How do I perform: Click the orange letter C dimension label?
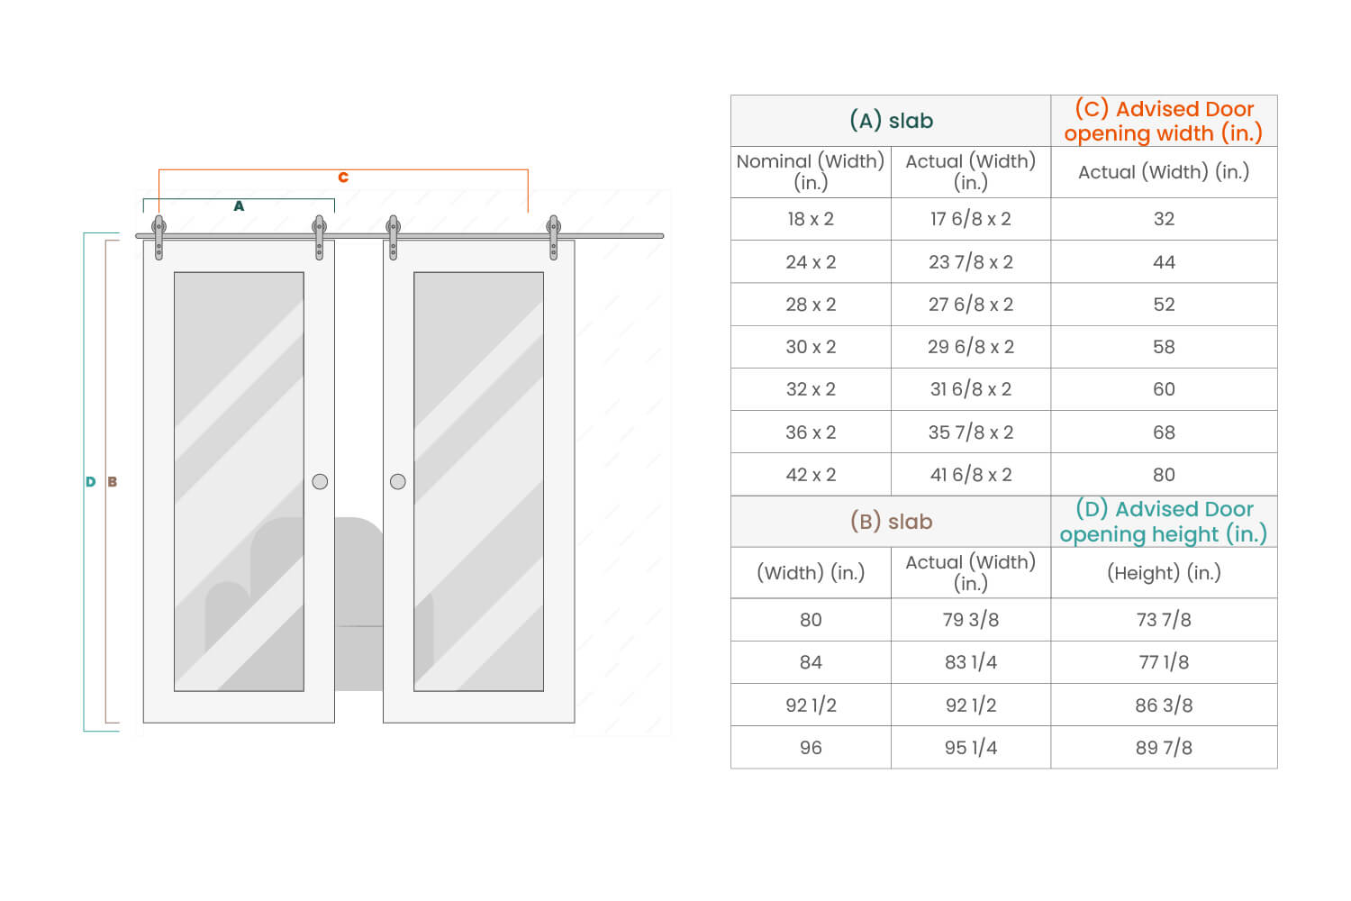[x=343, y=177]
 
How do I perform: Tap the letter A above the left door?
[x=239, y=206]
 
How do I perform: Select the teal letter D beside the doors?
[x=90, y=482]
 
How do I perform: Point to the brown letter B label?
[x=113, y=482]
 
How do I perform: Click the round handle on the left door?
[x=320, y=482]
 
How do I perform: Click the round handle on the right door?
[x=398, y=482]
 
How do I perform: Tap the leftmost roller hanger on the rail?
[x=159, y=236]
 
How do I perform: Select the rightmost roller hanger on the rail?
[x=554, y=236]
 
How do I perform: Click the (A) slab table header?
[x=891, y=121]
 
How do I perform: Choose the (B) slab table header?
[x=891, y=522]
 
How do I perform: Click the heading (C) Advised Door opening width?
[x=1164, y=121]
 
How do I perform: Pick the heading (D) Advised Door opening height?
[x=1164, y=522]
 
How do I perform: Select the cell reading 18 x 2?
[x=811, y=219]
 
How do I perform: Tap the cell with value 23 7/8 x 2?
[x=971, y=262]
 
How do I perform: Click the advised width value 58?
[x=1164, y=347]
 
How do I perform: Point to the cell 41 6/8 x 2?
[x=971, y=475]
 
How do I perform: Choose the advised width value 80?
[x=1164, y=475]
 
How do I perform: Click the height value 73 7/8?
[x=1164, y=620]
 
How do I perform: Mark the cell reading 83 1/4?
[x=971, y=662]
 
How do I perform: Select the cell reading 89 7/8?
[x=1164, y=748]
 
